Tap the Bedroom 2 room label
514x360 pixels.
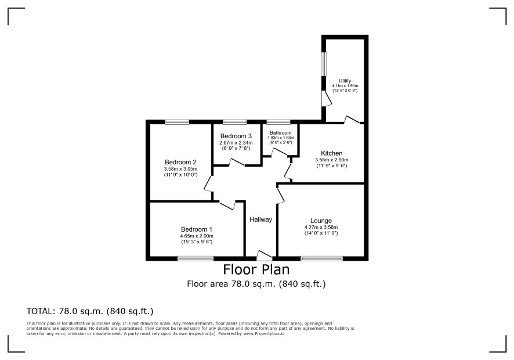(x=180, y=162)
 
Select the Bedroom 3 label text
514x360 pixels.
(x=236, y=136)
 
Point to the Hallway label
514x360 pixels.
(x=260, y=219)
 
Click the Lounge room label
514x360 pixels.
(x=321, y=221)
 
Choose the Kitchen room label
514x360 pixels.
(x=331, y=153)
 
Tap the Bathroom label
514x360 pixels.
(x=281, y=133)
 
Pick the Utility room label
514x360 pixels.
(x=345, y=81)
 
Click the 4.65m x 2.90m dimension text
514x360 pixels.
(x=197, y=236)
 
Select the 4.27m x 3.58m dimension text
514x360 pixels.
(x=321, y=227)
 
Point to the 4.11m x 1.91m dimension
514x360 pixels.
(x=345, y=86)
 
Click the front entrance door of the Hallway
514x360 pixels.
(x=264, y=255)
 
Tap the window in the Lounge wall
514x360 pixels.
(x=321, y=258)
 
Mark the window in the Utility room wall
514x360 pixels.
(x=324, y=64)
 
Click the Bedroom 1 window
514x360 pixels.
(x=196, y=258)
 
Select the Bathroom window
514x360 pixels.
(x=278, y=122)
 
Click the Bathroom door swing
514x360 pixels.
(x=279, y=152)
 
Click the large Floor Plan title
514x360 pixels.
(x=256, y=269)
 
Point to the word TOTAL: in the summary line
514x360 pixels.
(x=41, y=311)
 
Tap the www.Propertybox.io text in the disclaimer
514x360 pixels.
(x=263, y=333)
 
